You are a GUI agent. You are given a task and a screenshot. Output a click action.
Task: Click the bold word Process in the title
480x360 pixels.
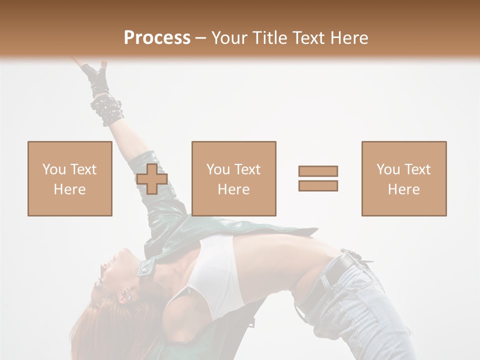point(157,38)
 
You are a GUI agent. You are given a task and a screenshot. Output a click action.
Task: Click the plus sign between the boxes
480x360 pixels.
point(152,179)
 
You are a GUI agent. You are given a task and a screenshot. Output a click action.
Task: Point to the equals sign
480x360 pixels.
point(318,178)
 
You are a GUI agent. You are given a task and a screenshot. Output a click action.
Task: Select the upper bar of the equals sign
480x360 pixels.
point(318,171)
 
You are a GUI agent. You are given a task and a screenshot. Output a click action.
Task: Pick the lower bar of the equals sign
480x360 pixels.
point(318,186)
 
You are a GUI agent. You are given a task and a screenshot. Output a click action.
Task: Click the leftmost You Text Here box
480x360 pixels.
point(69,179)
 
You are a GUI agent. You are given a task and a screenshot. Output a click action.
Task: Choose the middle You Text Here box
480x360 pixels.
point(233,179)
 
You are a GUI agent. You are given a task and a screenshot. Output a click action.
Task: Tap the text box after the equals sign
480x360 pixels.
point(403,179)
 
